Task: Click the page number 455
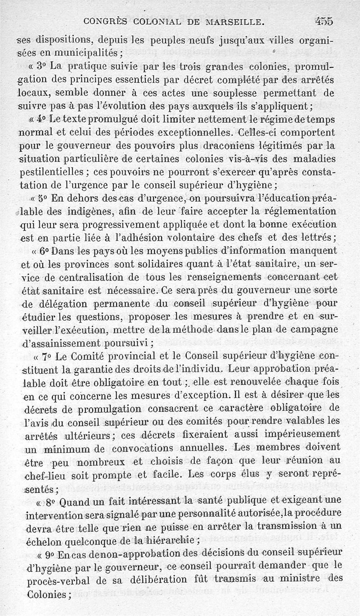point(324,21)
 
